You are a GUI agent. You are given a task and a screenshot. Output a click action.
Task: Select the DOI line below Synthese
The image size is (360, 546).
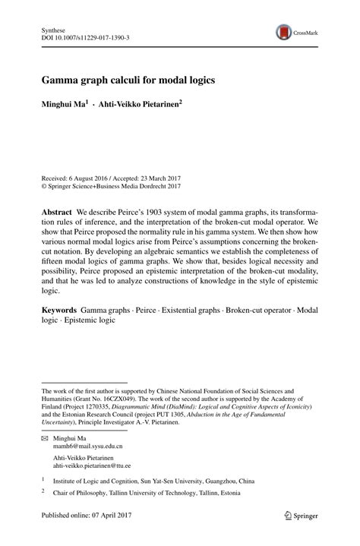coord(84,36)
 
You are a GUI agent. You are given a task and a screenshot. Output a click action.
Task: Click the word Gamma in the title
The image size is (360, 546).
coord(59,79)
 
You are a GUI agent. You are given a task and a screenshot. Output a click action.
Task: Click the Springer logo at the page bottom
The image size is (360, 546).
coord(301,516)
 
